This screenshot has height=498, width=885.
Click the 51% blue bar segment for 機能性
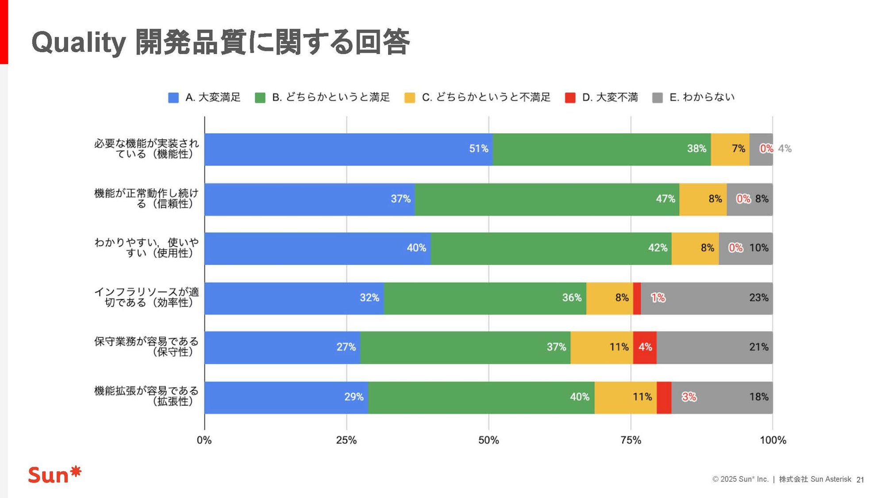[348, 149]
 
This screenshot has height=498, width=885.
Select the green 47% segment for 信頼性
[547, 199]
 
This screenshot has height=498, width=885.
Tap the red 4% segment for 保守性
[645, 347]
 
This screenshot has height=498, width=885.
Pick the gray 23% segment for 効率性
[707, 298]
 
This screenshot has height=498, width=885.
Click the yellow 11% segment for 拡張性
[625, 397]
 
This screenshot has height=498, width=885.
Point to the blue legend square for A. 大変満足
[173, 98]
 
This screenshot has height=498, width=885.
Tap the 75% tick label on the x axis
[631, 440]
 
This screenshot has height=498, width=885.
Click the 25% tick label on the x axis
[346, 440]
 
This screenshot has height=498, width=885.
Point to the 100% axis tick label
[773, 440]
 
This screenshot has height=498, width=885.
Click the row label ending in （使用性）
[146, 247]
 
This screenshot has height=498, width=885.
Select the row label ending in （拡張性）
[146, 396]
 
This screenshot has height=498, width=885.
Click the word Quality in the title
[79, 43]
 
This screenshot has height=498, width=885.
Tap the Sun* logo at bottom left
[54, 475]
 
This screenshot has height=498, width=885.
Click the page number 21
[860, 479]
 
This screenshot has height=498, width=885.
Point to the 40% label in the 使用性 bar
[416, 248]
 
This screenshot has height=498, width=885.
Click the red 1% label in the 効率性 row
[658, 298]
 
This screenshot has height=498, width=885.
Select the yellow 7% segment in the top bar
[730, 149]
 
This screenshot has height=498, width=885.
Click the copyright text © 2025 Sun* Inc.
[740, 479]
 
